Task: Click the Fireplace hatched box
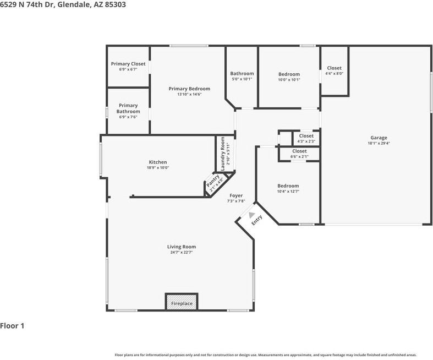(182, 302)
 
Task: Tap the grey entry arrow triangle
(251, 215)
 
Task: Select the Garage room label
(379, 138)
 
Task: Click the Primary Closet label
(128, 64)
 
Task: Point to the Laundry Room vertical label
(223, 154)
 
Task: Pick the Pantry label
(213, 180)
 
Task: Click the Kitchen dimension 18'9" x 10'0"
(158, 168)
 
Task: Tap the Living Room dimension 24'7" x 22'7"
(182, 253)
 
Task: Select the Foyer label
(236, 195)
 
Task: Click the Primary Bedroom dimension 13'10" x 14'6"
(189, 94)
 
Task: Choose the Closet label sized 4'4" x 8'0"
(334, 68)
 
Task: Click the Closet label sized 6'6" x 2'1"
(299, 151)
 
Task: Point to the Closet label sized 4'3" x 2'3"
(306, 136)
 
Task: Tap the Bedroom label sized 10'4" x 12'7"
(288, 186)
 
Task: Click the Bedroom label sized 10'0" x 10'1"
(289, 74)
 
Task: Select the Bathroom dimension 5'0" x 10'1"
(242, 79)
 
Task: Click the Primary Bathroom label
(128, 108)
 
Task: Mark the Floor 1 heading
(12, 326)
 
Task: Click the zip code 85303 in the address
(115, 4)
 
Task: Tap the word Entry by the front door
(257, 220)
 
